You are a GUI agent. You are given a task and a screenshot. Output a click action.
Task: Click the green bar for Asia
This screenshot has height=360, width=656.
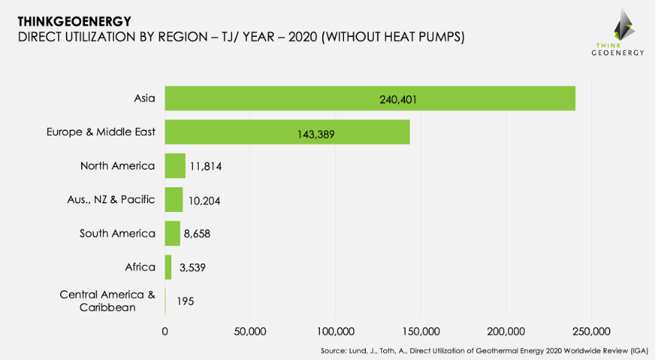(370, 99)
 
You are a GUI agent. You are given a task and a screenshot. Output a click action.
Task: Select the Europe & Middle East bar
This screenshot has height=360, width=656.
(287, 132)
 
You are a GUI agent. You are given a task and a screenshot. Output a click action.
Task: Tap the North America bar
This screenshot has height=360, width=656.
(175, 166)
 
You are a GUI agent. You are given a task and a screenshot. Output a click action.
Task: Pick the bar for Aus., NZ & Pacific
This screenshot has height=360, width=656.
(173, 200)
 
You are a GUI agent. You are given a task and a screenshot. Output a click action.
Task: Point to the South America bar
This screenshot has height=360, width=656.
(172, 233)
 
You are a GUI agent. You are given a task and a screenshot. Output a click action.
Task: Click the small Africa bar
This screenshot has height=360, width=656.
(168, 267)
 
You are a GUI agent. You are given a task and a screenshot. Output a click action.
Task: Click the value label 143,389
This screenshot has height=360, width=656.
(316, 134)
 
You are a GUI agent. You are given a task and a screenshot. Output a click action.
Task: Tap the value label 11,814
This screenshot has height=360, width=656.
(206, 167)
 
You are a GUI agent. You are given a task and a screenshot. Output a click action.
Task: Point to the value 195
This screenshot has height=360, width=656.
(185, 301)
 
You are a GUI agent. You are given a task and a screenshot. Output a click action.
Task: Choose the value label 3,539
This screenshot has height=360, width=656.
(192, 268)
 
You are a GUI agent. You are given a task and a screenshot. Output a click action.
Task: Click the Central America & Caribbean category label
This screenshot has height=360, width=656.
(107, 300)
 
